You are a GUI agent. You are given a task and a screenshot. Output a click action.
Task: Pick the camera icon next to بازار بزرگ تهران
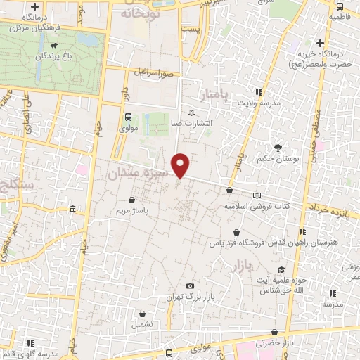190,285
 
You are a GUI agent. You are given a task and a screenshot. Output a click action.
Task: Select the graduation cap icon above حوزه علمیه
281,270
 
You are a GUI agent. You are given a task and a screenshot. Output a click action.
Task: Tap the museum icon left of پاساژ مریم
75,210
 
